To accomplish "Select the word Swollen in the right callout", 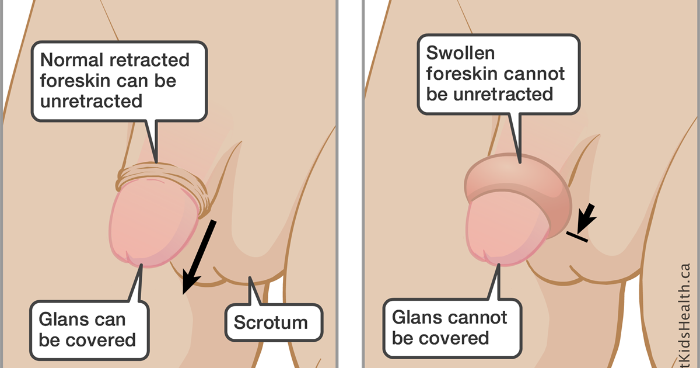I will pos(453,53).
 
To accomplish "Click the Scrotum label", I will pos(270,322).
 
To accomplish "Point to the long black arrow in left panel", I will pos(199,254).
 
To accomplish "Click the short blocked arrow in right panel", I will pos(585,217).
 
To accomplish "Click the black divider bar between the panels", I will pos(351,184).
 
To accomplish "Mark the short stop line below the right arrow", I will pos(577,235).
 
